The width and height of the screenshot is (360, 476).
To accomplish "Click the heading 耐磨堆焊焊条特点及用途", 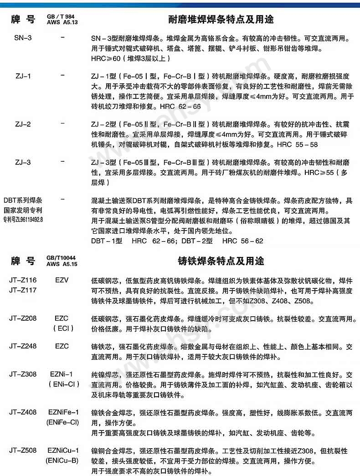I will point(221,20).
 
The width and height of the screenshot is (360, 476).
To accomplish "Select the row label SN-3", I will point(23,37).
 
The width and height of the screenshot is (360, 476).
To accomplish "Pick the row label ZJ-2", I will point(23,124).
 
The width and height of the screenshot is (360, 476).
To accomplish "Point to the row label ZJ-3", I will point(23,162).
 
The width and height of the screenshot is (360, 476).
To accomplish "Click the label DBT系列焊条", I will point(23,200).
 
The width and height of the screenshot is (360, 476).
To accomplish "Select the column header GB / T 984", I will point(62,16).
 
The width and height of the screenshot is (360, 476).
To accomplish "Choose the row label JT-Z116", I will point(23,280).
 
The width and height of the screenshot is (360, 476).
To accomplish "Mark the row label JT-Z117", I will point(23,289).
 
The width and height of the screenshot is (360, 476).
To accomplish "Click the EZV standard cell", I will point(62,280).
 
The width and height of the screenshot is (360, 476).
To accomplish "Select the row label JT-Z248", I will point(23,346).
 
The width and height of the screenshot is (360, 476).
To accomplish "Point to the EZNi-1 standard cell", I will point(62,374).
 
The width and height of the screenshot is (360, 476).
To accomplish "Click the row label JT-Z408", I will point(23,412).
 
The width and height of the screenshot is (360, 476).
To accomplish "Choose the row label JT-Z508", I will point(23,451).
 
